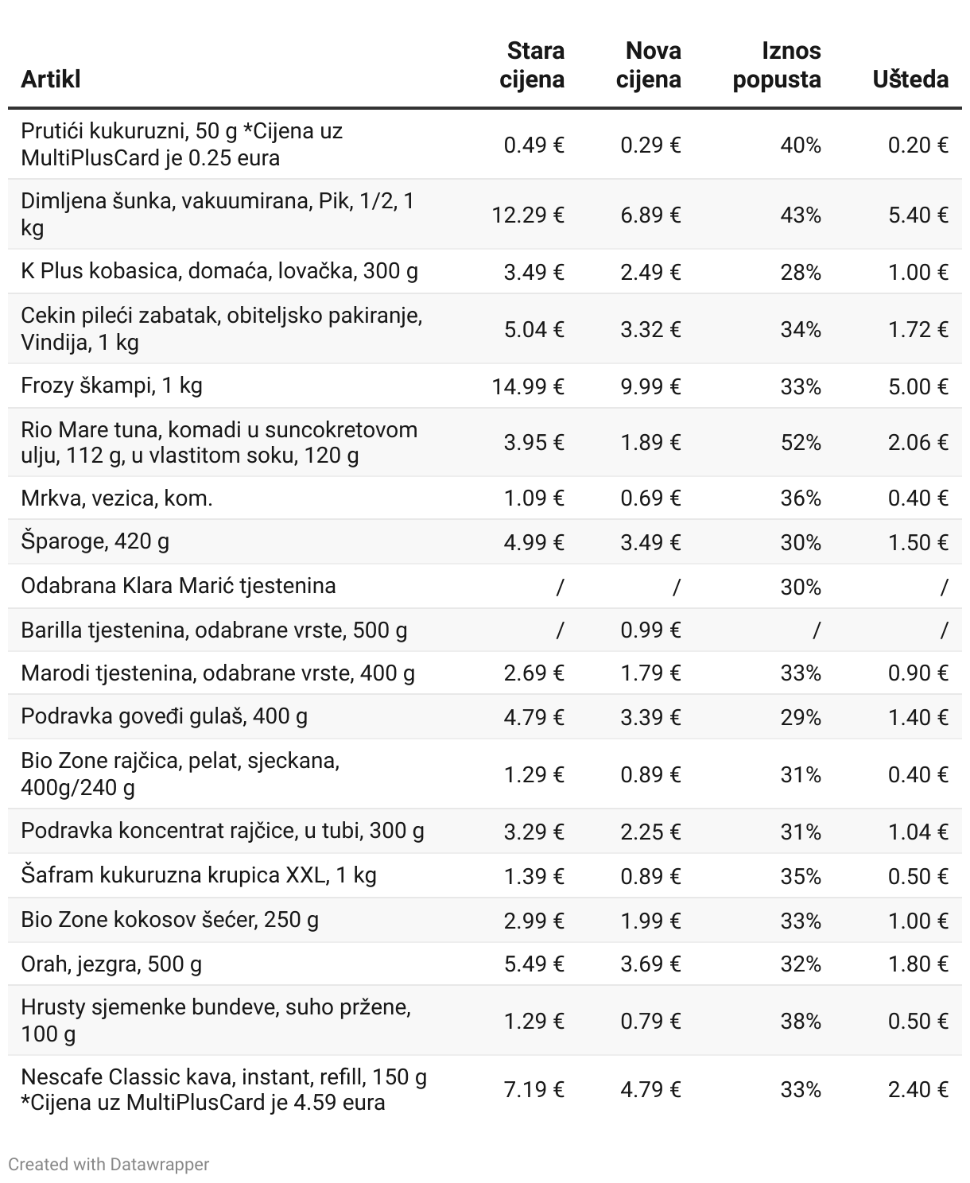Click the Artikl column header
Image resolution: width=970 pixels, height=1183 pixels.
pyautogui.click(x=51, y=80)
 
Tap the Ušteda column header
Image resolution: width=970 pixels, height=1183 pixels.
pyautogui.click(x=910, y=80)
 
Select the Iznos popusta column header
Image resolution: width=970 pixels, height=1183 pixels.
pyautogui.click(x=777, y=65)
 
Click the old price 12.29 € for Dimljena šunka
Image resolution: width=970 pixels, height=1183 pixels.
pyautogui.click(x=528, y=215)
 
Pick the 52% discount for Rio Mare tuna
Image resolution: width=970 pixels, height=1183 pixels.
pyautogui.click(x=801, y=443)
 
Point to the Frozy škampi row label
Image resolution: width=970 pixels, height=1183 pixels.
pyautogui.click(x=111, y=386)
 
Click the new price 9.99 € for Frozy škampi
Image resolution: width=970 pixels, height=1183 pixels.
pyautogui.click(x=650, y=387)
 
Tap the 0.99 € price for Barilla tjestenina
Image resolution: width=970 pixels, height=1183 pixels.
pyautogui.click(x=650, y=630)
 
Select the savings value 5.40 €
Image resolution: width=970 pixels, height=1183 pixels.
pyautogui.click(x=918, y=215)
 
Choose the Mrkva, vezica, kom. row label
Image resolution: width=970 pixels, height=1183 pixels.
pyautogui.click(x=117, y=498)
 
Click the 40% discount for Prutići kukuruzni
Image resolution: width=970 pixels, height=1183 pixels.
pyautogui.click(x=801, y=145)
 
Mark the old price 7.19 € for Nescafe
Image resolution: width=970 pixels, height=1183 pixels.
pyautogui.click(x=534, y=1090)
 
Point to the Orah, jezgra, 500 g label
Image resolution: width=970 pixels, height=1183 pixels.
pyautogui.click(x=111, y=964)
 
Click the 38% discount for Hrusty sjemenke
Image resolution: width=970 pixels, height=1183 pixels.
pyautogui.click(x=801, y=1022)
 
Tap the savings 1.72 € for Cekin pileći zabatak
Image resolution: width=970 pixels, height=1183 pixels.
pyautogui.click(x=918, y=330)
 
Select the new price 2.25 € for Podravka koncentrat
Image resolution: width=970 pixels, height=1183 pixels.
pyautogui.click(x=650, y=832)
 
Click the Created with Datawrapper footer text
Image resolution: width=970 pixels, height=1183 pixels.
pyautogui.click(x=109, y=1165)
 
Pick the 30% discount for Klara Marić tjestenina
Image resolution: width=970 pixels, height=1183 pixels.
pyautogui.click(x=801, y=588)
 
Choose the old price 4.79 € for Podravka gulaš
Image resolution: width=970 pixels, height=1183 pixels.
pyautogui.click(x=534, y=718)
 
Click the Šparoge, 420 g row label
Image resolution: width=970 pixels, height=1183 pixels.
pyautogui.click(x=95, y=542)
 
